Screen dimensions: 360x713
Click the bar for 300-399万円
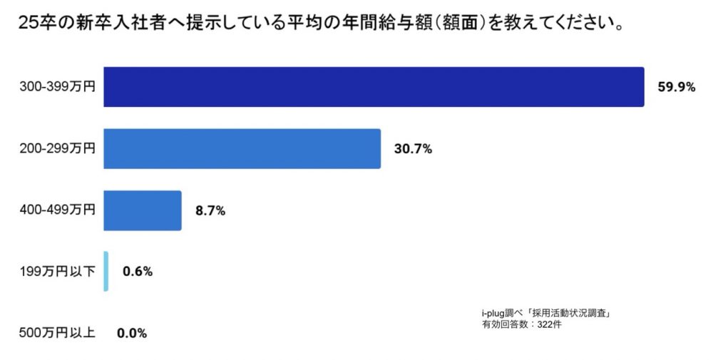[374, 87]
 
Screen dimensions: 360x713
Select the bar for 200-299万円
[242, 149]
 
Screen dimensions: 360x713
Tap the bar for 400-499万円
[143, 210]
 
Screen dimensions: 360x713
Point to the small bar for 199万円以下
[106, 271]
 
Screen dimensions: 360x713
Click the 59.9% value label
[676, 88]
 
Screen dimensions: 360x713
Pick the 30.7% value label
[413, 149]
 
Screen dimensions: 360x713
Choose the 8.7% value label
[210, 210]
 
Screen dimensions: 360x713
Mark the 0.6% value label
[138, 272]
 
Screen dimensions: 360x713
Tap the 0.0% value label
[132, 333]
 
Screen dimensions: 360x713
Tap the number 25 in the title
[26, 26]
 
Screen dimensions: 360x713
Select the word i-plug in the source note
[493, 313]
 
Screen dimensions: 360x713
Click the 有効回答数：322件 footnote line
[522, 324]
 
